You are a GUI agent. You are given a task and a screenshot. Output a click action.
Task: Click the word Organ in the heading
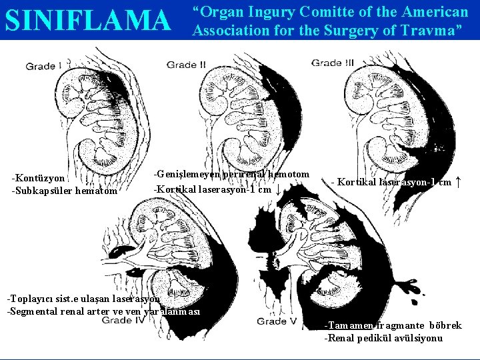pyautogui.click(x=223, y=12)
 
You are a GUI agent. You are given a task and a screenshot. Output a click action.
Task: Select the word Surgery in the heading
pyautogui.click(x=333, y=30)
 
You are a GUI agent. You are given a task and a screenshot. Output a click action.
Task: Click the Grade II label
pyautogui.click(x=186, y=65)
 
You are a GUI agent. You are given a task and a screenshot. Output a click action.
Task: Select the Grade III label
pyautogui.click(x=333, y=63)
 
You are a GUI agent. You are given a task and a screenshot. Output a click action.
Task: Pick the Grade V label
pyautogui.click(x=276, y=321)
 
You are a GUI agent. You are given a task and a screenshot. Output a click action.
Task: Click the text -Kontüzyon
pyautogui.click(x=39, y=178)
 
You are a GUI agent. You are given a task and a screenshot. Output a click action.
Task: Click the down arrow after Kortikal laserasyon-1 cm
pyautogui.click(x=278, y=189)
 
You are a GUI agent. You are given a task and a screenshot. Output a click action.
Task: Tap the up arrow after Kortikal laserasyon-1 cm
pyautogui.click(x=457, y=181)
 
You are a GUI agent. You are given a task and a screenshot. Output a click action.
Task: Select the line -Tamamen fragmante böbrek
pyautogui.click(x=393, y=325)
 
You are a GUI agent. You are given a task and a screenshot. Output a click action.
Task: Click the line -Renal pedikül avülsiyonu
pyautogui.click(x=383, y=338)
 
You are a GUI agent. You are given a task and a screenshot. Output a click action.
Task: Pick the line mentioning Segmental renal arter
pyautogui.click(x=103, y=311)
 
